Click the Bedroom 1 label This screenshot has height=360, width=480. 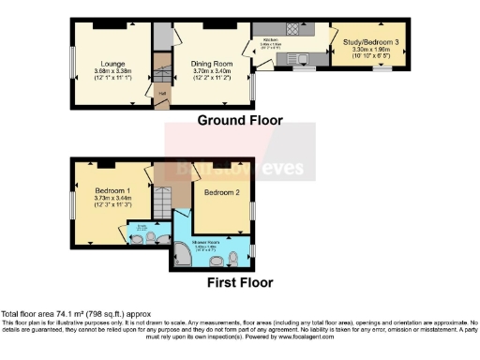[112, 190]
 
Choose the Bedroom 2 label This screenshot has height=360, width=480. [221, 193]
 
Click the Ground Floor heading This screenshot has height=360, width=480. [239, 121]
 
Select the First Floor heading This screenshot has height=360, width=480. [239, 281]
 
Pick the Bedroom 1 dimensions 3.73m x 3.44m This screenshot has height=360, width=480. [112, 200]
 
